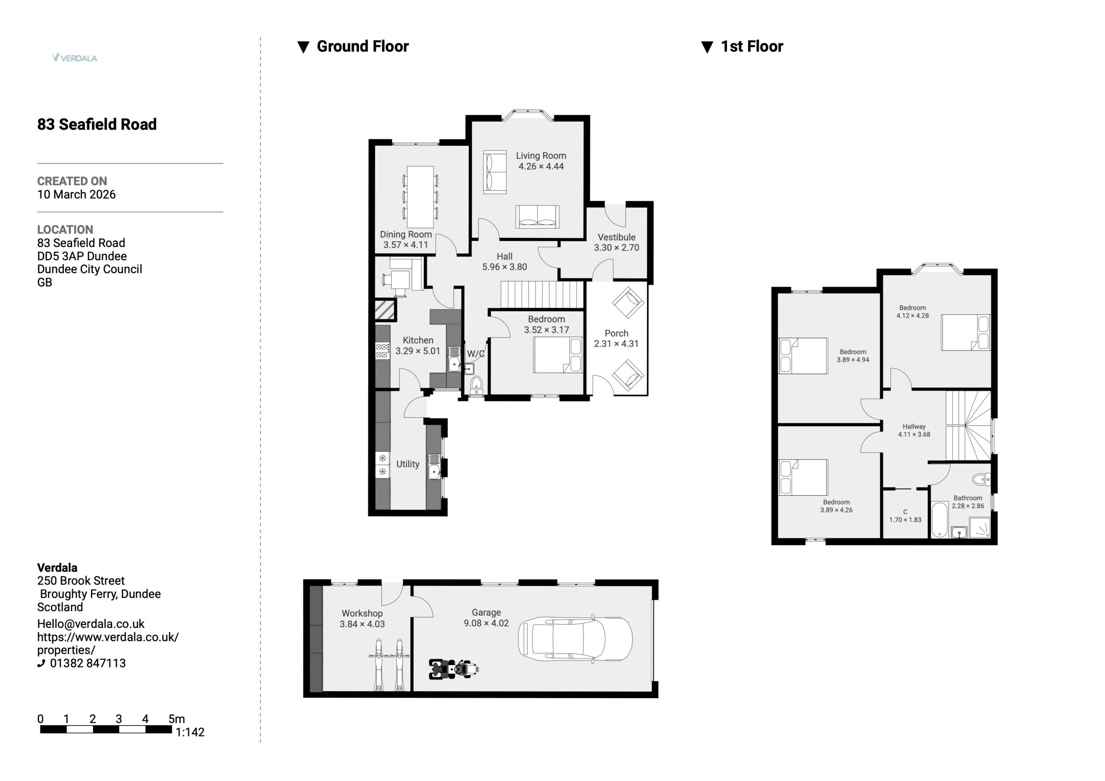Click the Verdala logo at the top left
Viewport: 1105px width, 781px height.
75,58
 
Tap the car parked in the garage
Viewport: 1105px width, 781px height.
575,639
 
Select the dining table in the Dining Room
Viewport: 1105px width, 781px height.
420,197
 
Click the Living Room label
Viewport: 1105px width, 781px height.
541,155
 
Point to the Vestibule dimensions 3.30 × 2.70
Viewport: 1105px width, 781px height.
616,247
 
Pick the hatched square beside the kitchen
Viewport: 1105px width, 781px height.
385,310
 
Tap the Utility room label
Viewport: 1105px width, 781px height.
407,464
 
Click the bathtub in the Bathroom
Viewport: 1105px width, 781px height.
939,519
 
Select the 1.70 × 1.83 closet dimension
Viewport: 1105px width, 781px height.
905,519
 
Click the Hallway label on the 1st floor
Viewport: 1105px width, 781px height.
914,426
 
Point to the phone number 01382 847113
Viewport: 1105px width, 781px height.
88,663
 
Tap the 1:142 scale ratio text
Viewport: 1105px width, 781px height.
190,732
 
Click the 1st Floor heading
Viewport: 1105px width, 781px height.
752,46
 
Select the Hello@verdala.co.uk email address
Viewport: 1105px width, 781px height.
91,623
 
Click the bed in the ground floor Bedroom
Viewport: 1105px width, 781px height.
558,355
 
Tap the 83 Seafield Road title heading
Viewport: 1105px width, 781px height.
97,124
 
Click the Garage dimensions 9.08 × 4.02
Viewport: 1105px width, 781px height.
486,623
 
